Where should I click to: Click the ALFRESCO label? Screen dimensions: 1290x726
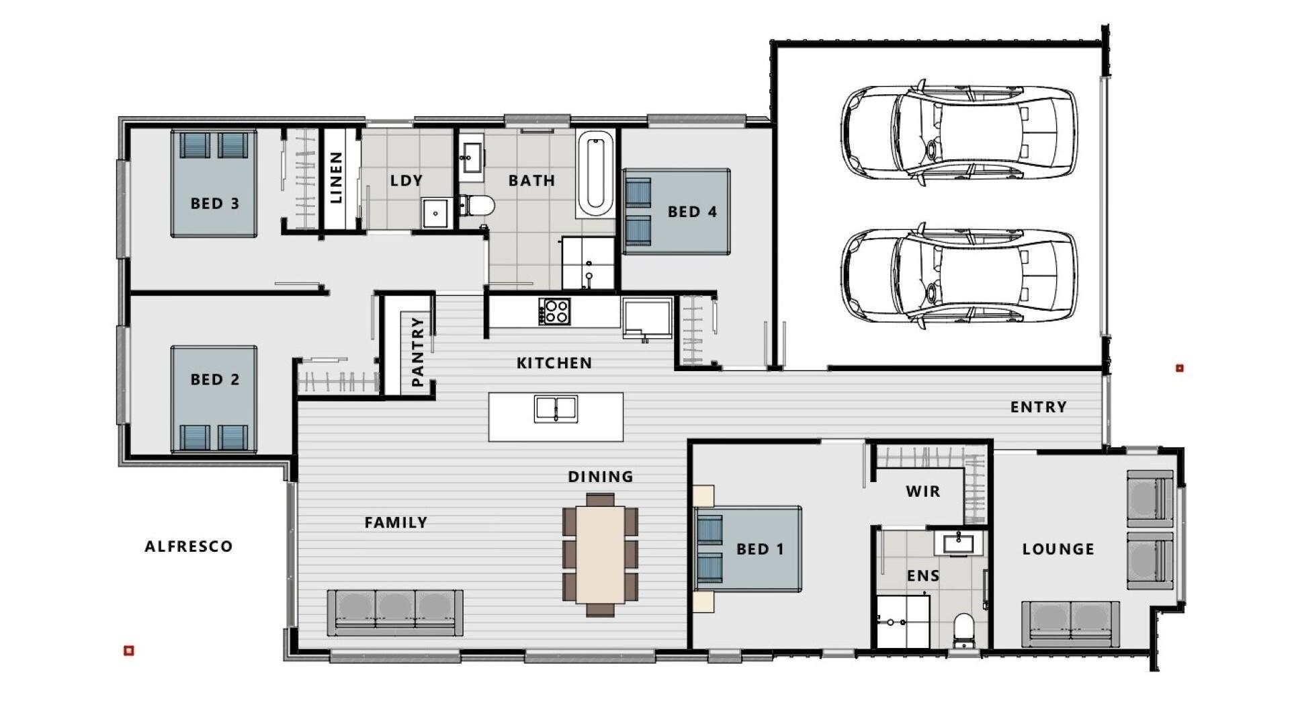click(189, 547)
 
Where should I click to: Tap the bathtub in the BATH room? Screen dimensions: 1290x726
click(595, 173)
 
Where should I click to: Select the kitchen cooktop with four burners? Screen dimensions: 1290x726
click(554, 312)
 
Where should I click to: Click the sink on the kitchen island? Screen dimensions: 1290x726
click(556, 409)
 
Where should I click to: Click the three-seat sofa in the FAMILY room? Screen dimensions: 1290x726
click(395, 612)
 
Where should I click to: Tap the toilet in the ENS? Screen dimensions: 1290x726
click(964, 631)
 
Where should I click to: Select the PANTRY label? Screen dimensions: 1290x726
click(417, 352)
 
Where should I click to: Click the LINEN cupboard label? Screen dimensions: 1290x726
click(336, 177)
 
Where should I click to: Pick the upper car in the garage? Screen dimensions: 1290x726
click(959, 132)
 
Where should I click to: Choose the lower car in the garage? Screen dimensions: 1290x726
click(959, 276)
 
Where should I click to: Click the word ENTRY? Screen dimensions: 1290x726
click(1039, 407)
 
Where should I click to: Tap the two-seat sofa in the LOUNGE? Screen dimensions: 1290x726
click(1070, 624)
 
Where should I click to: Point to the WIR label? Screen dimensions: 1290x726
click(923, 491)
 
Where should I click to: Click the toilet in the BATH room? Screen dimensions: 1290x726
click(476, 204)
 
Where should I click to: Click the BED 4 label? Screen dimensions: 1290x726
click(692, 212)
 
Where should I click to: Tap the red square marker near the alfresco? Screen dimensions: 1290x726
click(129, 650)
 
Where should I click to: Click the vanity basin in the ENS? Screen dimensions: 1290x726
click(958, 542)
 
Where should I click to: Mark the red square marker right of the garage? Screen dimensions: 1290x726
click(1179, 368)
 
